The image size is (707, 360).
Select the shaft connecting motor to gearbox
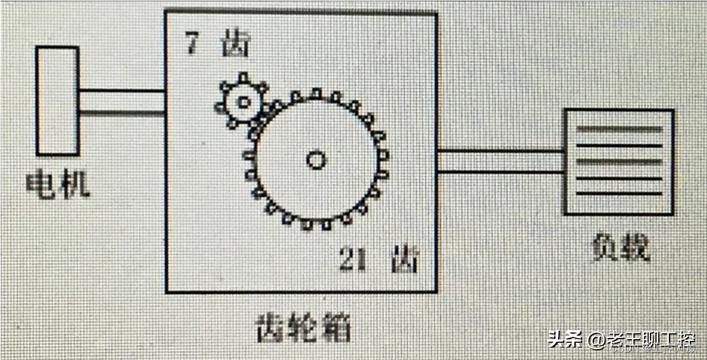click(121, 101)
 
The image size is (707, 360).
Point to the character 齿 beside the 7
click(235, 46)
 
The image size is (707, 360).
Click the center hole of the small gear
click(243, 101)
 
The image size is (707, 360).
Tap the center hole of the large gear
click(316, 160)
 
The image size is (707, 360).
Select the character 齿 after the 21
click(404, 259)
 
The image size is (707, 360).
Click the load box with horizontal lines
click(618, 162)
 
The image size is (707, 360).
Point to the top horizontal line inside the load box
click(619, 129)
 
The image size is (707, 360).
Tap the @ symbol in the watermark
click(596, 341)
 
